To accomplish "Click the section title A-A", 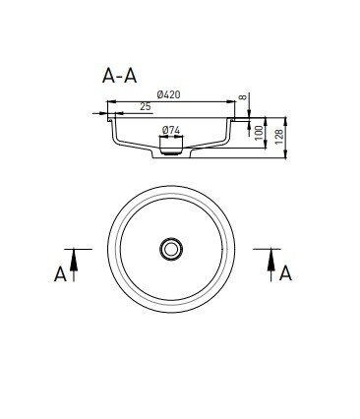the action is click(x=119, y=76).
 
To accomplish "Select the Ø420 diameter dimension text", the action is click(x=168, y=94).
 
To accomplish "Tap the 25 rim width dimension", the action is click(x=145, y=106).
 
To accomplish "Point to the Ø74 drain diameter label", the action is click(x=171, y=130).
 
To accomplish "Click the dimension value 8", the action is click(x=242, y=97).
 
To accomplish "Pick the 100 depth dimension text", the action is click(x=259, y=133).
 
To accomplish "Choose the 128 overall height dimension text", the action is click(x=279, y=138).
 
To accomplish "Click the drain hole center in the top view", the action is click(x=171, y=249).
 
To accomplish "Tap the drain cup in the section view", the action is click(x=171, y=146).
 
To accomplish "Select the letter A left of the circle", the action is click(x=60, y=274).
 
